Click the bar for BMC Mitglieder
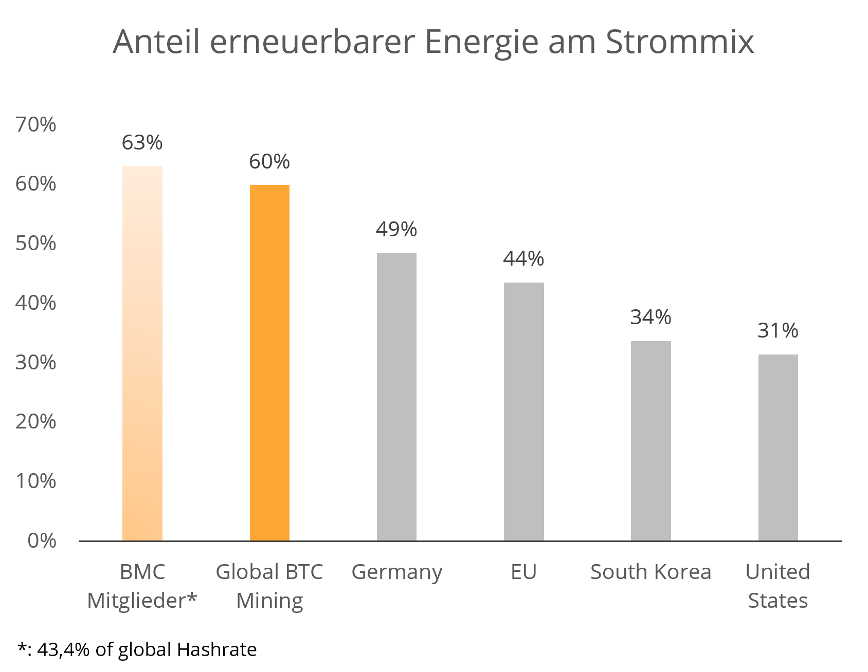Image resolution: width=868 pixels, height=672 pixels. [x=142, y=353]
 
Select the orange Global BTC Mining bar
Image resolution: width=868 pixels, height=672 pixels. [x=269, y=362]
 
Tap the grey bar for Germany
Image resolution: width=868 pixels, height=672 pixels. [x=396, y=396]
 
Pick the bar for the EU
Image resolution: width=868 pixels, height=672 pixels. [x=523, y=411]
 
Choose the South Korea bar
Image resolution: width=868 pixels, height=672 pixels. [x=650, y=440]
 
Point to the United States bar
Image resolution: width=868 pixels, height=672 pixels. [x=777, y=447]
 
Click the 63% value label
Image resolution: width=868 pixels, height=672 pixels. [x=142, y=143]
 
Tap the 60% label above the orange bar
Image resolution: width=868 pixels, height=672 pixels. [x=269, y=162]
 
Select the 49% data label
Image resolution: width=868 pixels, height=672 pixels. [x=396, y=230]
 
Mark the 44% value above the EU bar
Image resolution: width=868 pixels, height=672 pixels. [x=523, y=259]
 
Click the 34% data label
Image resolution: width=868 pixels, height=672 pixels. [x=650, y=318]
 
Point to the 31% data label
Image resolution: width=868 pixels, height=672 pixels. [x=777, y=331]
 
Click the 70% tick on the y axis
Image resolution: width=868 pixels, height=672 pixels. [x=35, y=125]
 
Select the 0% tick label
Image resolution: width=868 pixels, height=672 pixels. [x=42, y=540]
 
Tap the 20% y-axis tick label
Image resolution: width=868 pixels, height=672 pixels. [x=35, y=422]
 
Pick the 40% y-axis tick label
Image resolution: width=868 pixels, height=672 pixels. [x=35, y=303]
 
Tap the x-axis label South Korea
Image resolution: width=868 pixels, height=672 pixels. [x=650, y=572]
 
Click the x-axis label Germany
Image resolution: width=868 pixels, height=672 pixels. [x=396, y=572]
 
